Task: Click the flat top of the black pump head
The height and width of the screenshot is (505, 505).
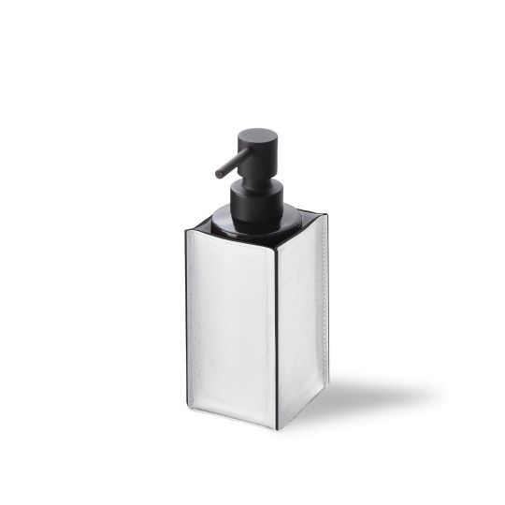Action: pos(258,134)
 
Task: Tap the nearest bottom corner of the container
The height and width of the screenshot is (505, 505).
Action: pos(277,428)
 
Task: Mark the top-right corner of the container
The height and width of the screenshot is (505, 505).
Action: pos(326,216)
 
